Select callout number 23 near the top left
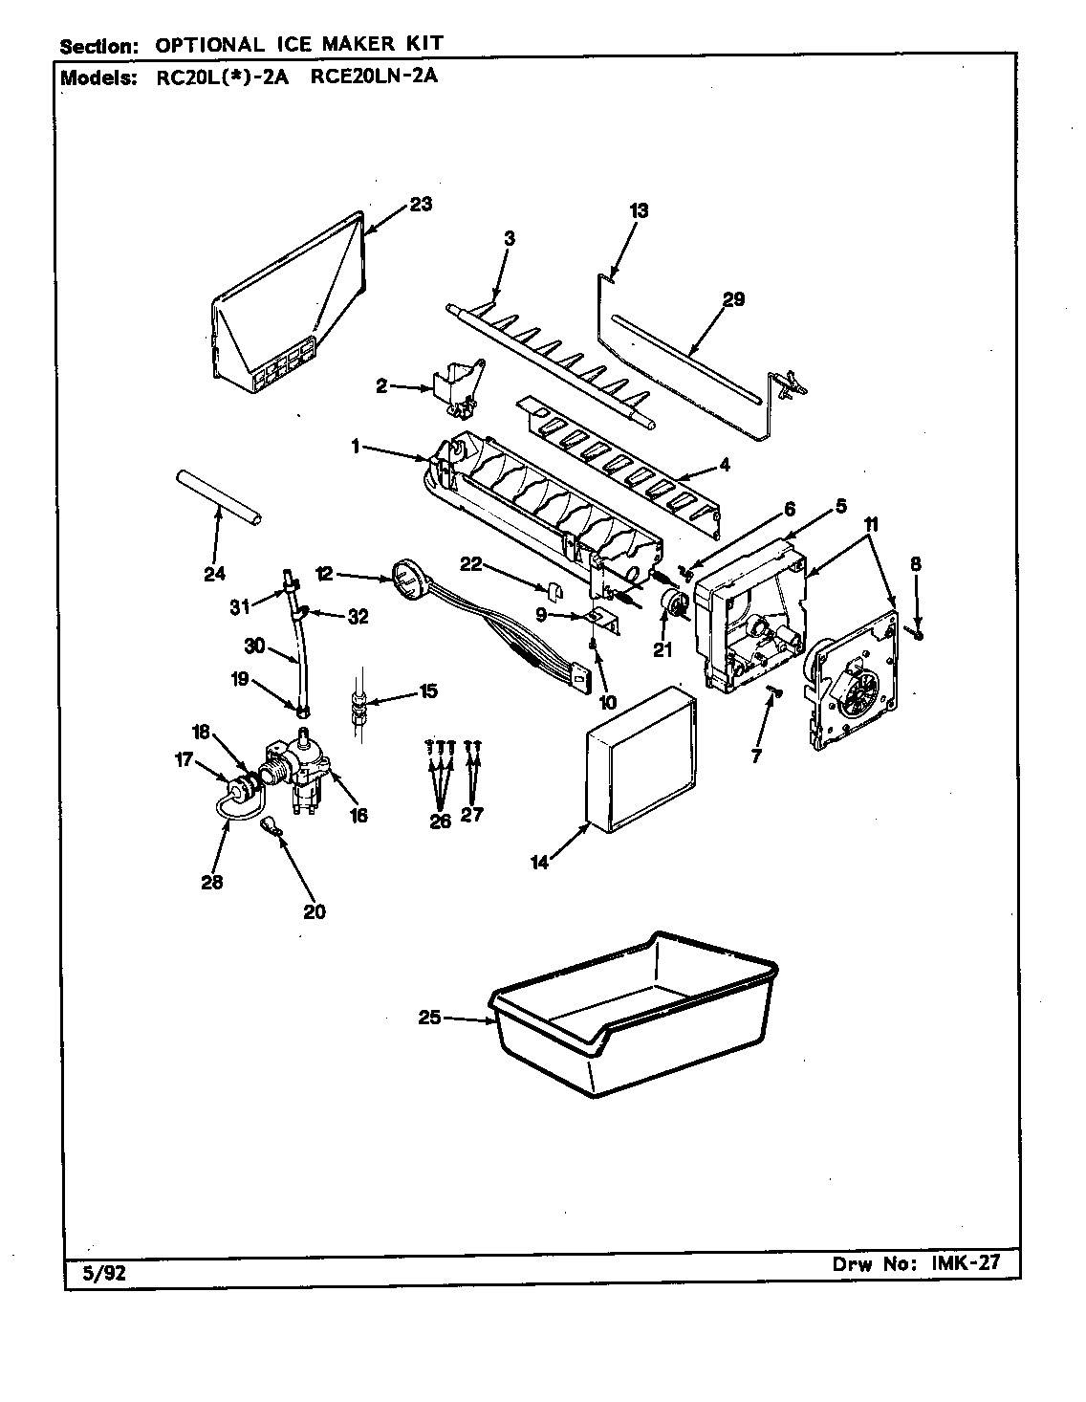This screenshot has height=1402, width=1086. click(x=420, y=203)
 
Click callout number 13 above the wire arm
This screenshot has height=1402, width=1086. click(x=639, y=210)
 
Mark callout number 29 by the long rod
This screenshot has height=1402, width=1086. click(x=733, y=298)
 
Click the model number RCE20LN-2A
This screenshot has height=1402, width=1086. click(x=374, y=77)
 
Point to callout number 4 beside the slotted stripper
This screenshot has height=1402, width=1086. click(x=725, y=465)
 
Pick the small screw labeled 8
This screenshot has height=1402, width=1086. click(x=916, y=630)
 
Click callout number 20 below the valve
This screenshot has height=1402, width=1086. click(x=315, y=911)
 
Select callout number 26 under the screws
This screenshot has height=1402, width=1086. click(x=440, y=820)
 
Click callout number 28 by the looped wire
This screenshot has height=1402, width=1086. click(x=211, y=882)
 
